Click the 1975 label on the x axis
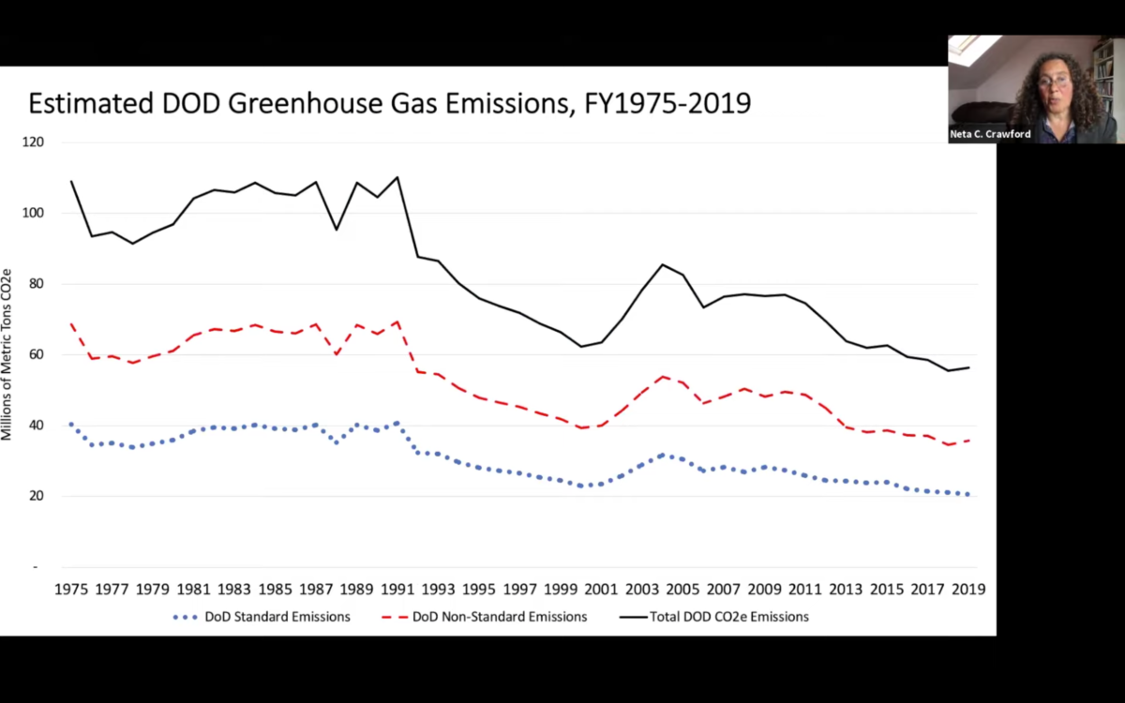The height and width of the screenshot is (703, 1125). [x=70, y=590]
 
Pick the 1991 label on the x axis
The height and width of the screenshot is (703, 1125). [x=397, y=590]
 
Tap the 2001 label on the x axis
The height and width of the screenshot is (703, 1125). [x=601, y=590]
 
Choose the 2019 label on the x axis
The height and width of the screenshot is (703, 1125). [x=968, y=590]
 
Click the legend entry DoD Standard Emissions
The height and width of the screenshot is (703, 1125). [x=277, y=617]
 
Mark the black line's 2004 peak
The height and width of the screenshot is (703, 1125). [x=663, y=264]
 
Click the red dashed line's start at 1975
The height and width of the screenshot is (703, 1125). [x=71, y=324]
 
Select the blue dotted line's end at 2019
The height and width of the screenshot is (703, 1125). [x=968, y=494]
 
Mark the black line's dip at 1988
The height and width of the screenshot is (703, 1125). [x=337, y=229]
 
